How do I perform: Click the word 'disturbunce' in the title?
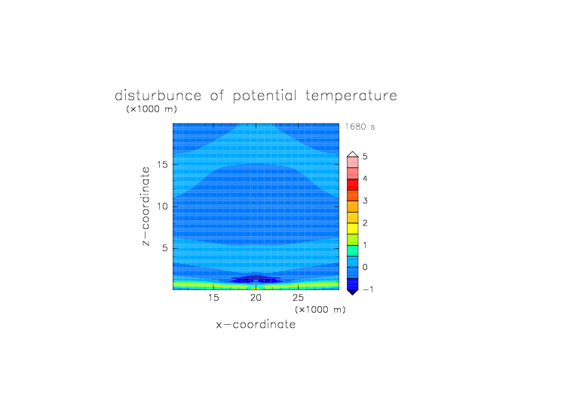tap(158, 96)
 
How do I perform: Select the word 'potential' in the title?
tap(265, 96)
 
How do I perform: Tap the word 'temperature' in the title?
tap(351, 96)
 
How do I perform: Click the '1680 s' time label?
tap(360, 127)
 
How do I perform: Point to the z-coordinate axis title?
tap(146, 207)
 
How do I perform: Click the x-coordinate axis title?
tap(256, 324)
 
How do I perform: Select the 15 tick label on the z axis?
tap(162, 164)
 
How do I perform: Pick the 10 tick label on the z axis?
tap(162, 207)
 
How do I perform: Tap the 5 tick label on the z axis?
tap(165, 248)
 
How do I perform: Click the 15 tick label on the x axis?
tap(213, 298)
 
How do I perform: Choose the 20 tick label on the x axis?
tap(256, 298)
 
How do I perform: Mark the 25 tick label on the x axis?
tap(298, 298)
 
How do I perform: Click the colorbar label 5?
tap(365, 157)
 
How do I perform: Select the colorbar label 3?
tap(365, 200)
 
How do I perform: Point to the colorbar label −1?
tap(368, 289)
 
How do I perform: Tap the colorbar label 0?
tap(365, 268)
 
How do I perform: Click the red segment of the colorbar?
tap(353, 185)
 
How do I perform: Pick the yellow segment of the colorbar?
tap(353, 228)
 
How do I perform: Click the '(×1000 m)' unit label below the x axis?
tap(320, 310)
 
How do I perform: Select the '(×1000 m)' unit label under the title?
tap(152, 109)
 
